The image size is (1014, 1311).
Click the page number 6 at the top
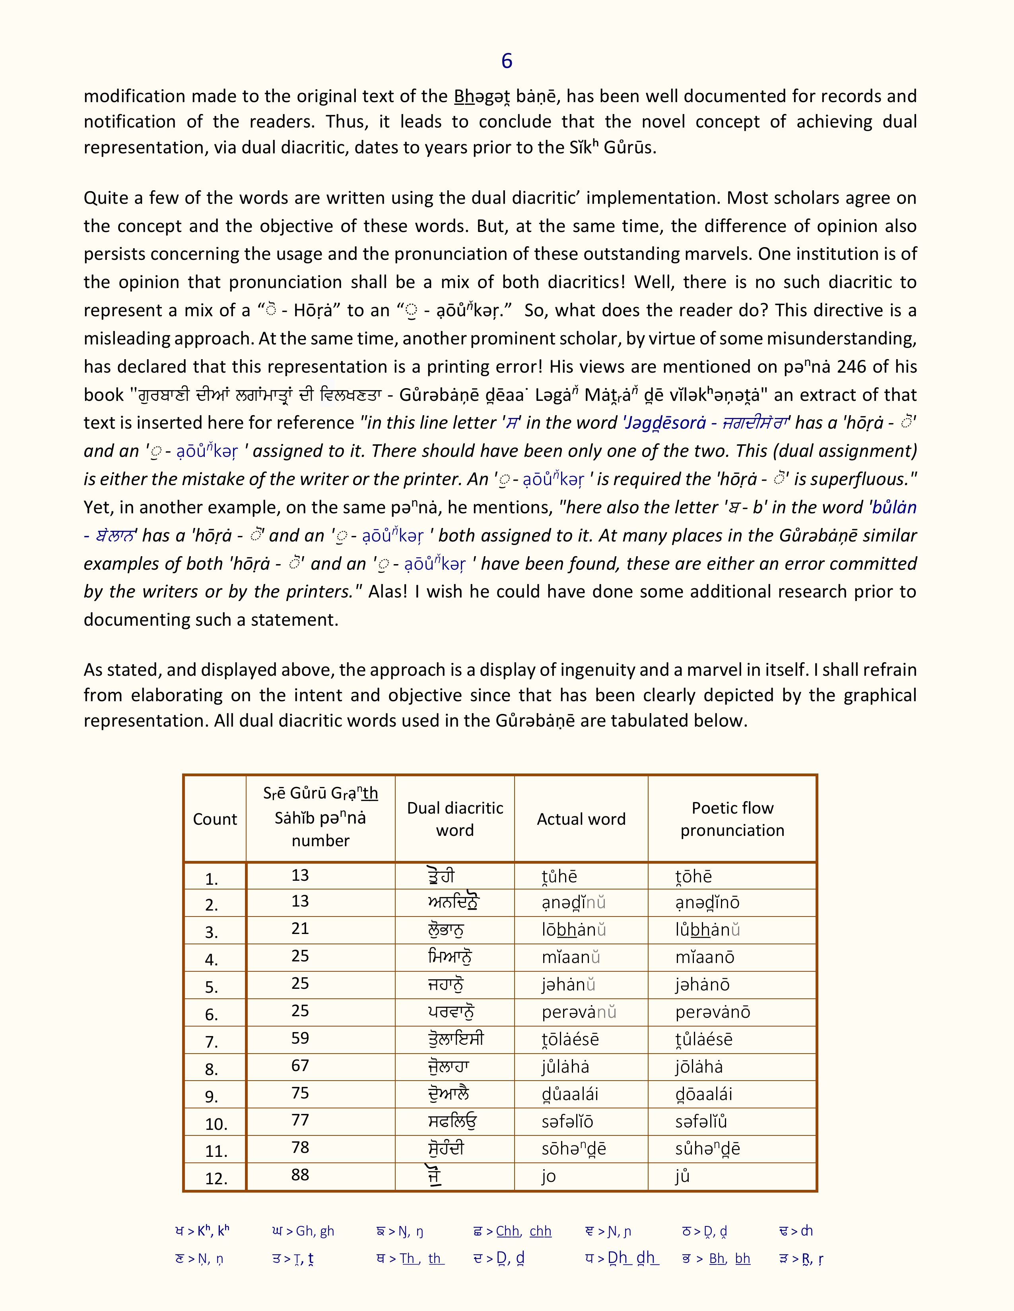click(x=506, y=61)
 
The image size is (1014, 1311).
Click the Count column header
click(x=214, y=819)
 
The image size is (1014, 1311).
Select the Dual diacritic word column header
click(x=455, y=819)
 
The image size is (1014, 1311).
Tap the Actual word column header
click(x=581, y=819)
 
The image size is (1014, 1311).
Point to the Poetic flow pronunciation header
click(x=732, y=819)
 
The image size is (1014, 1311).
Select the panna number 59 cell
click(x=300, y=1038)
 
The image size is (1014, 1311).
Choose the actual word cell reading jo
click(x=548, y=1176)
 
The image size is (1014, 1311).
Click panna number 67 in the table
click(x=300, y=1065)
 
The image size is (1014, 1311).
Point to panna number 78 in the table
click(x=300, y=1147)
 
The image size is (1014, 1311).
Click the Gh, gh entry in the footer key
click(x=303, y=1231)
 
